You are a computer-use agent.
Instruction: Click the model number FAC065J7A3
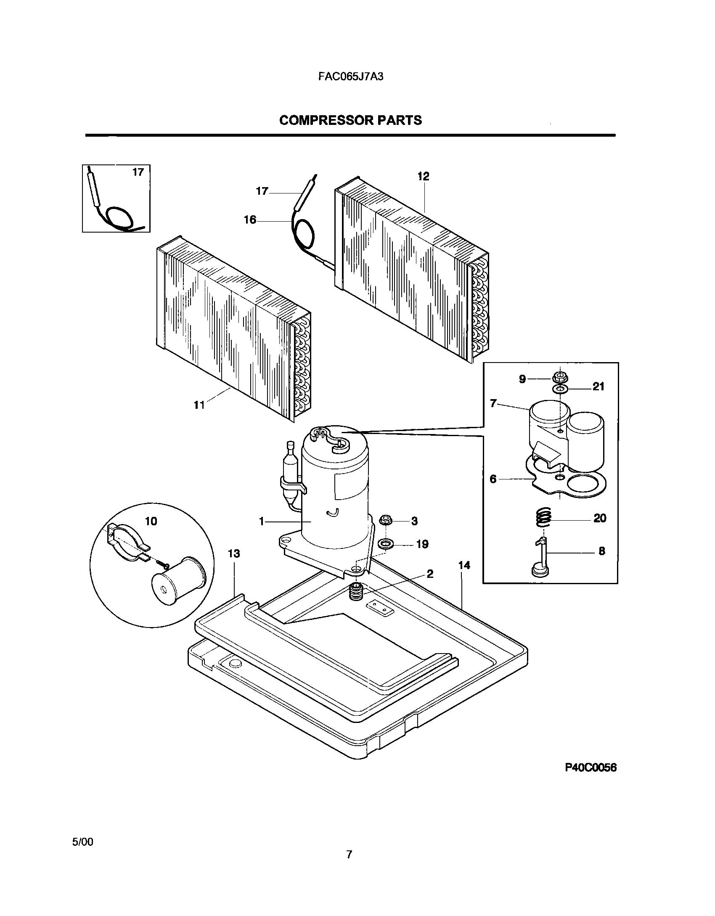pyautogui.click(x=350, y=77)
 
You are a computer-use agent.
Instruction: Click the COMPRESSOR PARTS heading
pyautogui.click(x=350, y=120)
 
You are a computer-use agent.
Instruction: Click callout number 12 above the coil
pyautogui.click(x=423, y=177)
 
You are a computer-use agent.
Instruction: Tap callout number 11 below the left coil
pyautogui.click(x=199, y=405)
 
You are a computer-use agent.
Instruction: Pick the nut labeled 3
pyautogui.click(x=386, y=521)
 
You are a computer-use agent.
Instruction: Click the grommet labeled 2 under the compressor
pyautogui.click(x=357, y=592)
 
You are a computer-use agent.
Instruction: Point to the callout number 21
pyautogui.click(x=598, y=387)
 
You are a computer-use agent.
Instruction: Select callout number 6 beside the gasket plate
pyautogui.click(x=493, y=479)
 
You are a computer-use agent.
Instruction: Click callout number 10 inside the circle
pyautogui.click(x=151, y=522)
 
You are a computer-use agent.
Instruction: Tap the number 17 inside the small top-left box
pyautogui.click(x=138, y=172)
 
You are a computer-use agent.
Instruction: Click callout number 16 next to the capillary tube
pyautogui.click(x=250, y=220)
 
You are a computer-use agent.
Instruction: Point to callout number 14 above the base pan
pyautogui.click(x=464, y=566)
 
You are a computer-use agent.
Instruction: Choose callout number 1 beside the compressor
pyautogui.click(x=262, y=522)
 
